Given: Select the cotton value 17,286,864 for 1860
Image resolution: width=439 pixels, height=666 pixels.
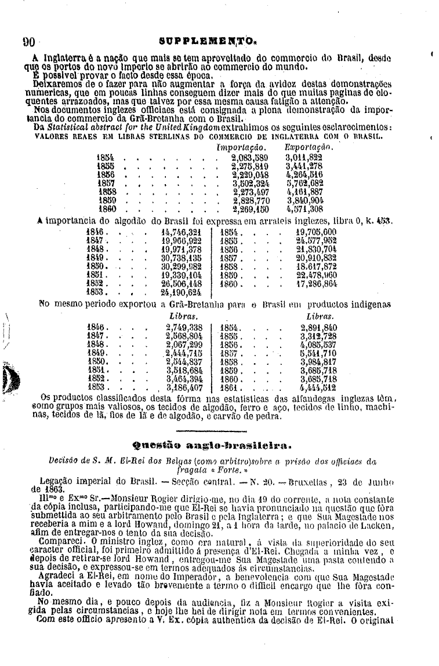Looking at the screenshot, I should pyautogui.click(x=317, y=286).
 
